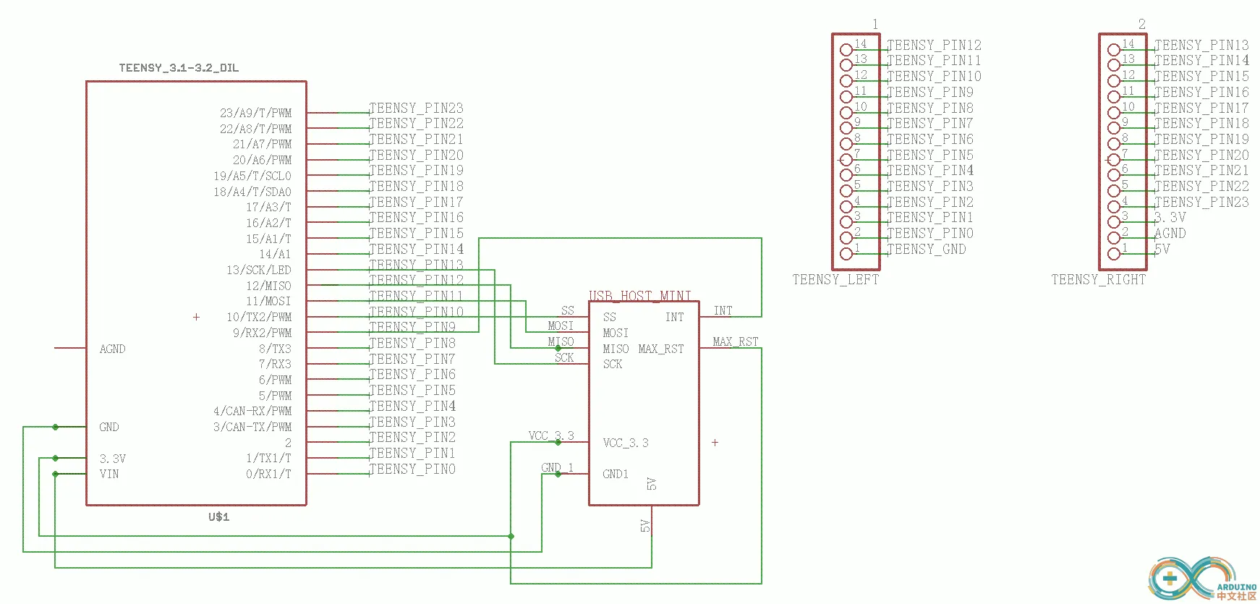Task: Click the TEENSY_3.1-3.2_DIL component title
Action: [179, 68]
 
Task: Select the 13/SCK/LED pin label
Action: [258, 270]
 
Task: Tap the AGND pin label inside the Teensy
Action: [112, 349]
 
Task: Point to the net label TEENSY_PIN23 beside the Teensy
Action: [416, 108]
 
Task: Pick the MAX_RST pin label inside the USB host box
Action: [660, 349]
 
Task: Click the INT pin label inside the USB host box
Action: [674, 317]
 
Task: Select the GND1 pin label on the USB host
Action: [616, 474]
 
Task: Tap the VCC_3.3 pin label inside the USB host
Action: [626, 443]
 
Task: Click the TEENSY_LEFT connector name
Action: [835, 280]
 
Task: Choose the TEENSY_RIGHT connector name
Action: [1098, 280]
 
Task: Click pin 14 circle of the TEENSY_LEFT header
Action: [846, 50]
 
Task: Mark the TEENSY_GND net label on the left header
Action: [926, 249]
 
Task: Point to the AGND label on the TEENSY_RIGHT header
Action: [1170, 233]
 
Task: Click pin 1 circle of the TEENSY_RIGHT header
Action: [1114, 254]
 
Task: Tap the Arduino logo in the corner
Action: [1201, 579]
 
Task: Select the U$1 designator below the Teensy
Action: [218, 516]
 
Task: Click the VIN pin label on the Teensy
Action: [109, 474]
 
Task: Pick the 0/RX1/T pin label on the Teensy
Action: [268, 474]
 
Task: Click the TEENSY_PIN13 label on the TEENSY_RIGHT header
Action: [1201, 45]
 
